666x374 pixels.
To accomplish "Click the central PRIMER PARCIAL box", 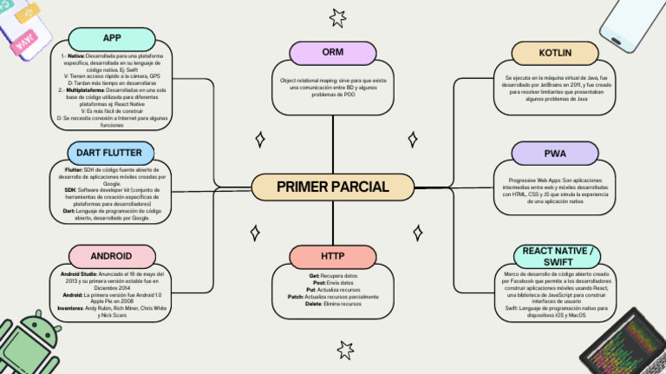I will point(333,187).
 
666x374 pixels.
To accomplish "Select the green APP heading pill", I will point(111,38).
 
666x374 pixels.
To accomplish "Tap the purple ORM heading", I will point(332,53).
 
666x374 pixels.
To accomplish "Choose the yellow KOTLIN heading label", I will point(555,53).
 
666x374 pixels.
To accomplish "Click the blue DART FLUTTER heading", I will point(109,153).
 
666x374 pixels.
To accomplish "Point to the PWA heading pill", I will point(555,154).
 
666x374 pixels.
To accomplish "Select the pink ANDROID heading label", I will point(111,256).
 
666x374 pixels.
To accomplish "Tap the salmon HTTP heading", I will point(332,257).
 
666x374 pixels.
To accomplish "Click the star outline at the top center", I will point(336,16).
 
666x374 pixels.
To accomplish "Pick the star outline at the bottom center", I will point(345,350).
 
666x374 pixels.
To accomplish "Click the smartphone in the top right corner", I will point(635,24).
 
